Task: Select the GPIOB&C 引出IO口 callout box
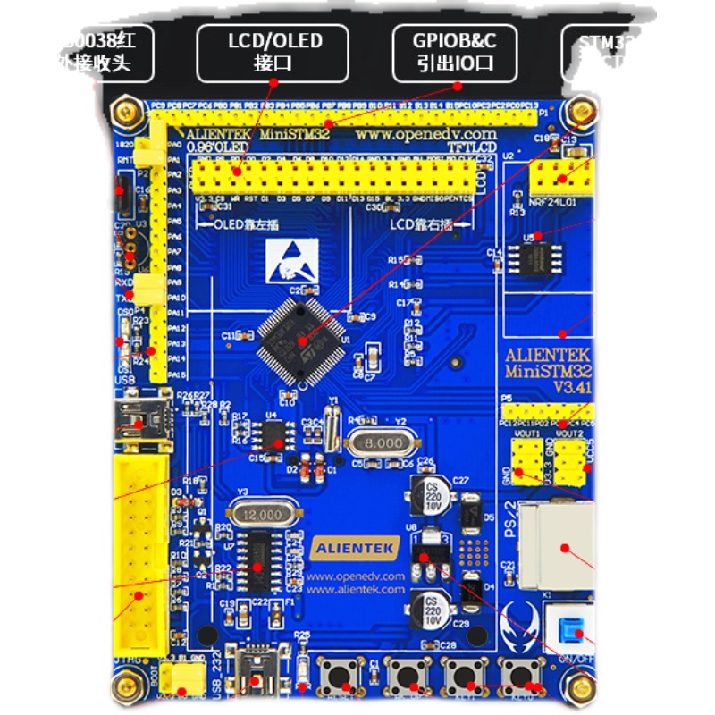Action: pyautogui.click(x=454, y=52)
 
